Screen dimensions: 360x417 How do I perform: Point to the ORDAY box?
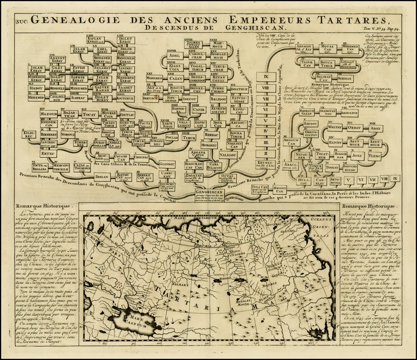pos(354,128)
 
